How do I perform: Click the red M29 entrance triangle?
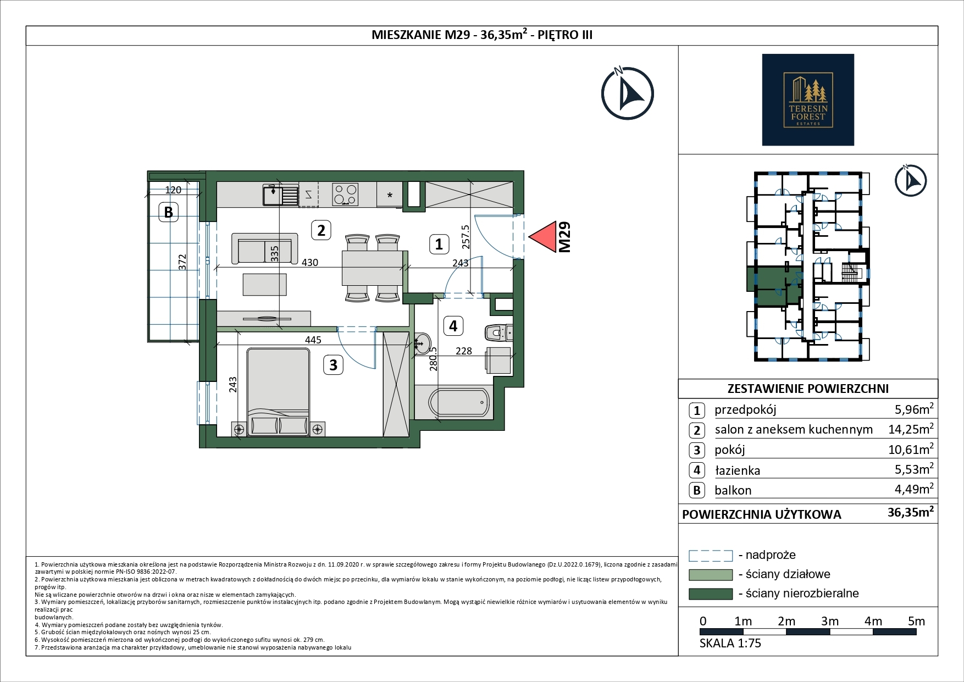(x=542, y=237)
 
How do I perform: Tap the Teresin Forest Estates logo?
(x=807, y=99)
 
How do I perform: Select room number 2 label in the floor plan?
(x=321, y=230)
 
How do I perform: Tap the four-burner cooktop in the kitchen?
(x=345, y=194)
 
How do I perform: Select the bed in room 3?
(x=278, y=392)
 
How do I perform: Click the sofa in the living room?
(x=265, y=248)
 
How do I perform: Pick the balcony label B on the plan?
(x=169, y=212)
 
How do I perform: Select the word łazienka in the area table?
(x=737, y=470)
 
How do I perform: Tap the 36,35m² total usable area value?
(x=911, y=513)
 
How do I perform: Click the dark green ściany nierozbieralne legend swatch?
(x=711, y=594)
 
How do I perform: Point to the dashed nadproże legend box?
(x=711, y=556)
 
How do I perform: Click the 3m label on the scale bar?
(x=830, y=621)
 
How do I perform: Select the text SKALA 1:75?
(x=730, y=643)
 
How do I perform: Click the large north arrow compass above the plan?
(x=627, y=94)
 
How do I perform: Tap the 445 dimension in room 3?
(x=313, y=340)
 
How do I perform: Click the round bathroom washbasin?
(x=422, y=343)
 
